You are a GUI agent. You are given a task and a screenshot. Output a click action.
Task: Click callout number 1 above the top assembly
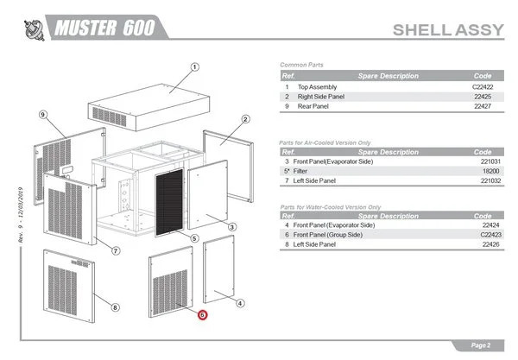(195, 66)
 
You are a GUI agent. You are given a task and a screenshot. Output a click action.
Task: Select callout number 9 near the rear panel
(42, 114)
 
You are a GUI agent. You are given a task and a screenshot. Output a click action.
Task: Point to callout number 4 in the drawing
(239, 302)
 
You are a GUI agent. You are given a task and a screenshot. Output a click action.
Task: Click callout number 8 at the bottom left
(116, 307)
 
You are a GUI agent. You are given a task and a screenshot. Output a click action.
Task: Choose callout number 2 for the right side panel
(245, 119)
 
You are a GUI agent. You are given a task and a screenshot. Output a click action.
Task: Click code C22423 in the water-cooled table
(482, 235)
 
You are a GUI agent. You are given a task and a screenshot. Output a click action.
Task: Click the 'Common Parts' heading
(301, 66)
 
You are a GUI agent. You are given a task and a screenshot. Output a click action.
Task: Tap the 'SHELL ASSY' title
(446, 30)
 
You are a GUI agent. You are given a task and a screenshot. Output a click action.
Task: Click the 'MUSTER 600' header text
(104, 28)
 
